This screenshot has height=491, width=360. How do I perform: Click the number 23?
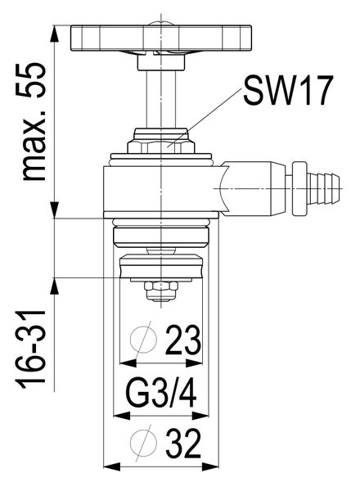pos(184,339)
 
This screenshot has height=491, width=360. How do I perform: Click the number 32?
pos(185,444)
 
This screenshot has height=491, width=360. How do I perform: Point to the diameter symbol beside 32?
pos(144,443)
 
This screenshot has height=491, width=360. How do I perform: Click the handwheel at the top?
pos(146,38)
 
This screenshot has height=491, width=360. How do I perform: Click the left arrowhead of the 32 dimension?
pos(115,466)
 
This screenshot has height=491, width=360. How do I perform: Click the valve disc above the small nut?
pos(160,268)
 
